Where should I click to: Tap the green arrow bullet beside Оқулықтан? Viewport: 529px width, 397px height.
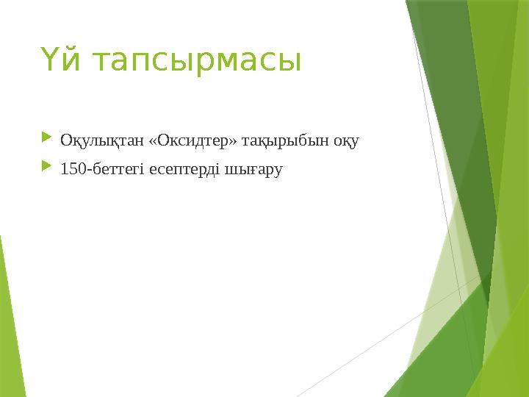coord(47,137)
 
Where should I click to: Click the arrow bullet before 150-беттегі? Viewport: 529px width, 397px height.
coord(47,167)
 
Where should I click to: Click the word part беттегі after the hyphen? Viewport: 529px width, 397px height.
coord(118,169)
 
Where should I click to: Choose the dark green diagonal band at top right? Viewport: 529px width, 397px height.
coord(456,110)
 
